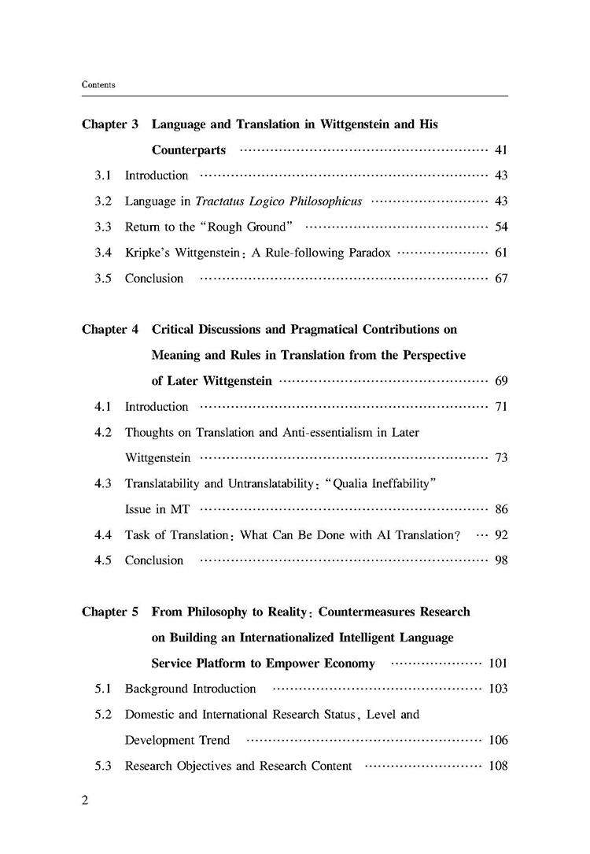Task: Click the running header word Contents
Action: [x=98, y=84]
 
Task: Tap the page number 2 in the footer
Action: [x=86, y=800]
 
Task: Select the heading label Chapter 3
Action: [x=110, y=124]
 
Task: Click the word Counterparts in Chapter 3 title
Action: [x=189, y=150]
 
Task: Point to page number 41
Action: [x=501, y=150]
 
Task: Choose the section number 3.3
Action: [x=103, y=227]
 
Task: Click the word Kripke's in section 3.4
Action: [x=148, y=253]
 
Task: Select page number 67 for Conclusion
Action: [x=501, y=279]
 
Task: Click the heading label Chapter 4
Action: [x=110, y=330]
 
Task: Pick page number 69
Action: [x=501, y=381]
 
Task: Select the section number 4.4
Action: [x=103, y=535]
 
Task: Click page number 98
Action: [x=501, y=560]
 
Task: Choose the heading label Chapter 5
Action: [x=110, y=612]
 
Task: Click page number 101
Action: [x=498, y=663]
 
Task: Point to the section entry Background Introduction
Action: [x=190, y=689]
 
